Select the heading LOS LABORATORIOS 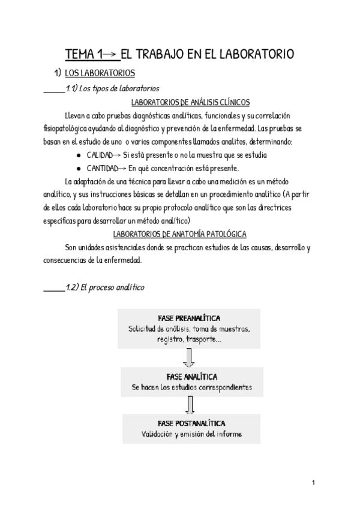pyautogui.click(x=99, y=74)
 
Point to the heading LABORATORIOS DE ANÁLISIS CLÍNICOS pyautogui.click(x=190, y=103)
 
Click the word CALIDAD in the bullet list pyautogui.click(x=103, y=155)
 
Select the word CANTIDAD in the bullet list pyautogui.click(x=105, y=168)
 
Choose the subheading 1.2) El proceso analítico pyautogui.click(x=106, y=288)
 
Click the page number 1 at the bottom pyautogui.click(x=314, y=483)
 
